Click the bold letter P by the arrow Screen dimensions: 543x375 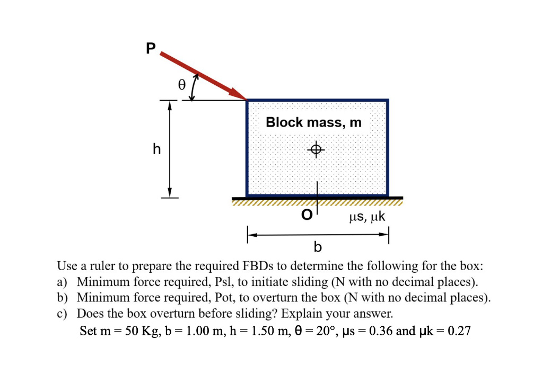[151, 49]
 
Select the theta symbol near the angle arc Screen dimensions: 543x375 [181, 85]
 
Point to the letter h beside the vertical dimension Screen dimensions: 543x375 [156, 150]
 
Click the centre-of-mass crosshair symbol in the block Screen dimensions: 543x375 [317, 150]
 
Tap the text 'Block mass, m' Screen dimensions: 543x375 [313, 122]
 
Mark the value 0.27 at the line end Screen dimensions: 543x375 [459, 332]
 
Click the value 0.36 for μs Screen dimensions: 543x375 [382, 332]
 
